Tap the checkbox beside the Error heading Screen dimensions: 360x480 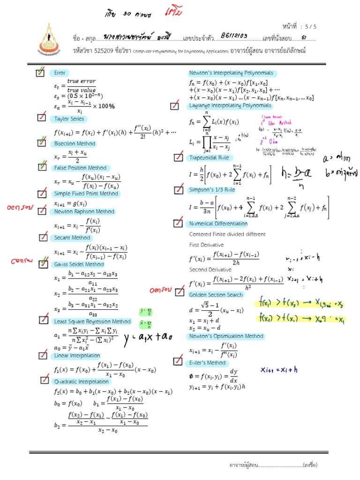[x=41, y=73]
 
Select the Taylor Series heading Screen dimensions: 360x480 [x=68, y=119]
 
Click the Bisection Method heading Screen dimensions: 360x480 [x=75, y=143]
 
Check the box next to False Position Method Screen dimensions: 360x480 [x=43, y=168]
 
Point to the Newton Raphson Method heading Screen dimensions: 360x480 [x=84, y=211]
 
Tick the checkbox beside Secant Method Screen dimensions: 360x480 [x=43, y=238]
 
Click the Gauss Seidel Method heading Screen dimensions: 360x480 [x=79, y=264]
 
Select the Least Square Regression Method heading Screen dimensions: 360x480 [x=92, y=321]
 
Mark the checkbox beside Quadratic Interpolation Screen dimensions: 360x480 [x=45, y=380]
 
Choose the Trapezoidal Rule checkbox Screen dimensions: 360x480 [x=178, y=157]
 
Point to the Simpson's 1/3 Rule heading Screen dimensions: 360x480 [x=211, y=190]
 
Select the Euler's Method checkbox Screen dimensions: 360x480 [x=178, y=360]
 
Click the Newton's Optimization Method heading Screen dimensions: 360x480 [x=226, y=336]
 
